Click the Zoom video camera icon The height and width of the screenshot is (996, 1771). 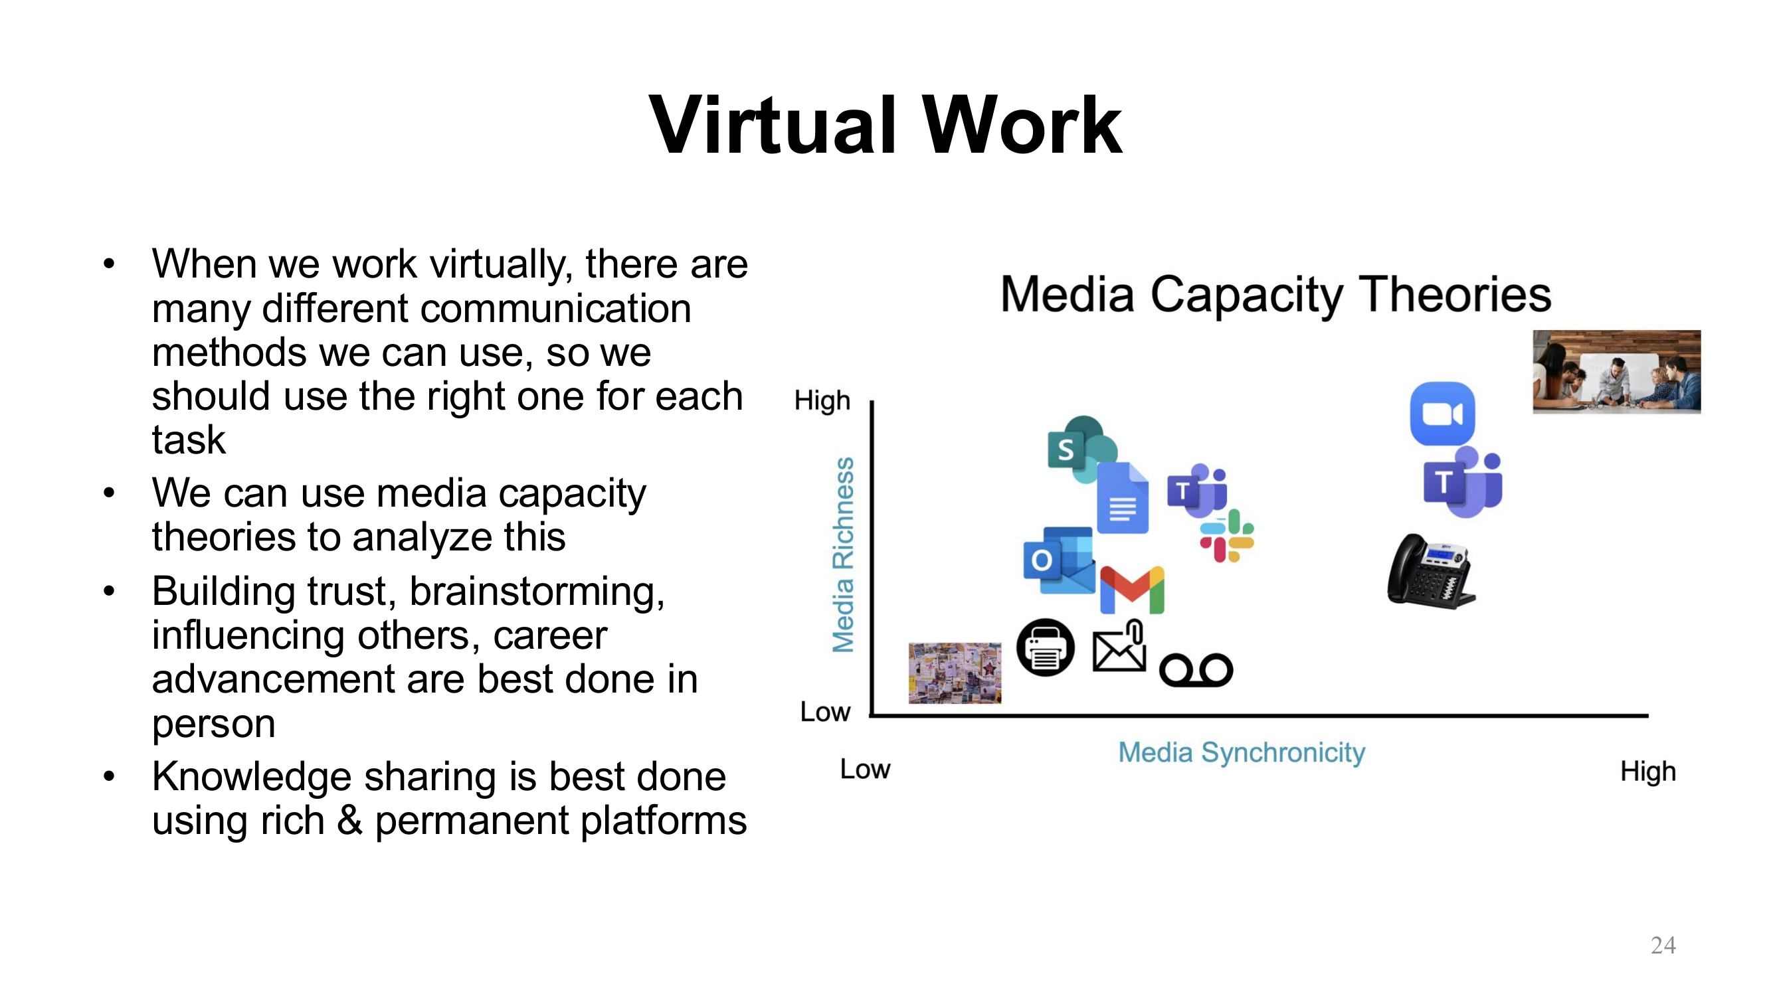(x=1442, y=414)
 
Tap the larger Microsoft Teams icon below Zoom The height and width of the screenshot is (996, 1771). (x=1462, y=482)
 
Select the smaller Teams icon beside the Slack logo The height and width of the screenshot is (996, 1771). (x=1197, y=491)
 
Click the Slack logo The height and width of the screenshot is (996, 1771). (x=1226, y=536)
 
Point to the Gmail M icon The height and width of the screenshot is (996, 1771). (x=1132, y=590)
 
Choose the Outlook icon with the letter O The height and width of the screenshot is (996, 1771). (x=1059, y=560)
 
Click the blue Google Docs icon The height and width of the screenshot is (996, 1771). (x=1122, y=499)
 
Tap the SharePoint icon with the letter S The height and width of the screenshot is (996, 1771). (x=1079, y=449)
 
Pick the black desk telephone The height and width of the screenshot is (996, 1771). (x=1430, y=572)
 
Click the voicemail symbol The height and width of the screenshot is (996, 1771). (x=1196, y=669)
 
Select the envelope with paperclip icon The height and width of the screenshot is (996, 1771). (x=1119, y=647)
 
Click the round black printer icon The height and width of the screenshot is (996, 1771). (x=1045, y=647)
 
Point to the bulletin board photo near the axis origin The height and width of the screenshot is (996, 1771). (x=954, y=673)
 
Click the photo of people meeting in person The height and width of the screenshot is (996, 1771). (x=1616, y=372)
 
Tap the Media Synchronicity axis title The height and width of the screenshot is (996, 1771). (x=1241, y=752)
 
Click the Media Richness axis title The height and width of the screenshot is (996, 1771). (x=844, y=554)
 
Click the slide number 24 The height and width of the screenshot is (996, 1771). (x=1662, y=945)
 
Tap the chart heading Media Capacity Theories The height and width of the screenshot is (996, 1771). (x=1275, y=294)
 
